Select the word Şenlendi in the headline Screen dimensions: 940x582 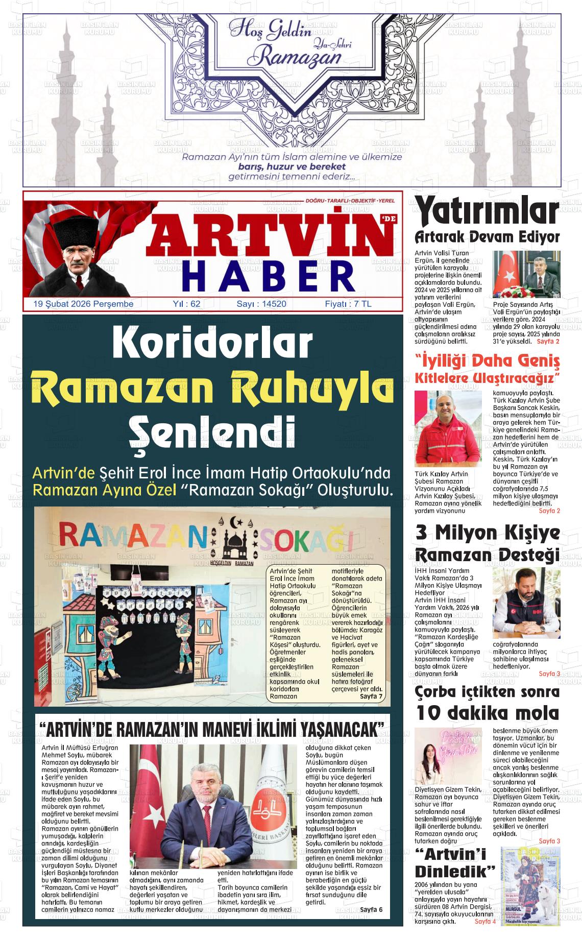(x=212, y=430)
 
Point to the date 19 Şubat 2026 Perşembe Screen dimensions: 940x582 (x=83, y=304)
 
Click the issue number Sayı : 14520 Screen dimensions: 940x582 (x=261, y=304)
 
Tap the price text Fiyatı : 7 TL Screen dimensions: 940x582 (x=348, y=304)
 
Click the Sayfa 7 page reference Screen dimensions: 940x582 (x=371, y=696)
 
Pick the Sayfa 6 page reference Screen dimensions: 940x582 (x=371, y=909)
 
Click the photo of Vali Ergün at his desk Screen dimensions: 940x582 (x=526, y=274)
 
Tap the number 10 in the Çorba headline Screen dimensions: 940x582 (x=431, y=713)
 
